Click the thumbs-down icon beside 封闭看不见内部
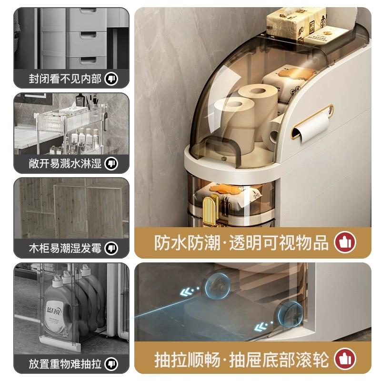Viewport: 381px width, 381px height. pyautogui.click(x=111, y=79)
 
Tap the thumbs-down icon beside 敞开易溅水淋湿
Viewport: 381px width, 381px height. pyautogui.click(x=111, y=164)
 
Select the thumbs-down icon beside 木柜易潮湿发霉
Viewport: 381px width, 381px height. pyautogui.click(x=111, y=248)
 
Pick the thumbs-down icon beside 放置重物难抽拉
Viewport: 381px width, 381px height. pyautogui.click(x=111, y=364)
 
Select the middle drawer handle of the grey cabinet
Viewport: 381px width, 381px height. pyautogui.click(x=88, y=35)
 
